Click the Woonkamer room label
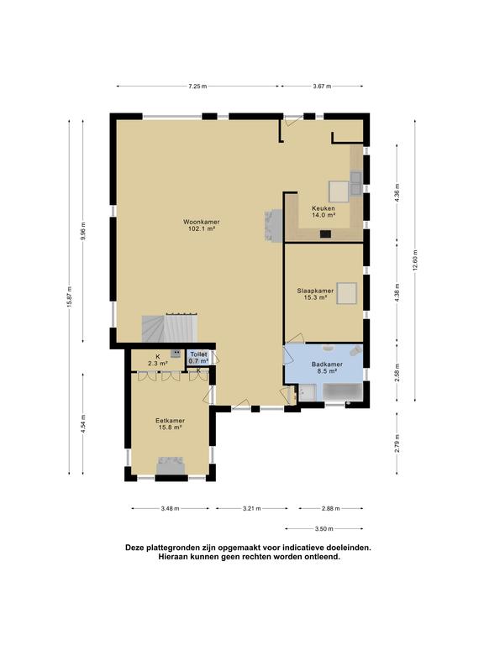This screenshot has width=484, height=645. click(202, 222)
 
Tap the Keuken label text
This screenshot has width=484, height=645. click(323, 208)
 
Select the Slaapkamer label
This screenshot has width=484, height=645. click(315, 291)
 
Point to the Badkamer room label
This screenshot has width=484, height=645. click(327, 364)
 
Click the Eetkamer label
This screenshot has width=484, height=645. click(170, 421)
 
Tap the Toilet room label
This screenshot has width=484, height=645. click(199, 354)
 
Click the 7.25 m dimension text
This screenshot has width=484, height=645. click(197, 87)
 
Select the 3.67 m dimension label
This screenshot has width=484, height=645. click(322, 87)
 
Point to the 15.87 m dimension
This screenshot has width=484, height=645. click(70, 297)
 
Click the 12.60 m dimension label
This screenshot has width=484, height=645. click(415, 260)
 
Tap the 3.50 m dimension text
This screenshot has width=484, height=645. click(324, 529)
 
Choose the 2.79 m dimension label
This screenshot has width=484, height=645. click(397, 443)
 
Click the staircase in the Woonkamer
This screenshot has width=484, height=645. click(171, 328)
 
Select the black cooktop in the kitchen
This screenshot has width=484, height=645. click(325, 234)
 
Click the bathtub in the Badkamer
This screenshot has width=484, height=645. click(343, 392)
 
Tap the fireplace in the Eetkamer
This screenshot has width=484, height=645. click(171, 465)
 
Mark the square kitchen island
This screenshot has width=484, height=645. click(339, 191)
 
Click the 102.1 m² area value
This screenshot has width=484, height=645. click(202, 229)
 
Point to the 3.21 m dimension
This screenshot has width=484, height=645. click(251, 508)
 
